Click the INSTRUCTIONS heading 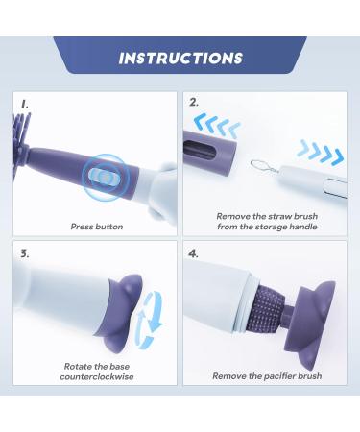tap(180, 59)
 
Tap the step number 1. tap(25, 104)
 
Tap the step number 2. tap(194, 103)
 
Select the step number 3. tap(25, 253)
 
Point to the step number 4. tap(193, 253)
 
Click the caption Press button tap(97, 227)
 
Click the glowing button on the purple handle tap(104, 177)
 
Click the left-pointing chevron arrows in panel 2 tap(217, 126)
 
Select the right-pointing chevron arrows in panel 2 tap(321, 152)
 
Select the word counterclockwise tap(97, 376)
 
